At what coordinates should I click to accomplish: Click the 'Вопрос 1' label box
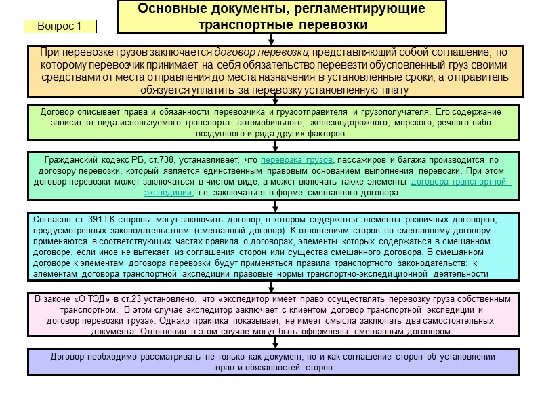[60, 26]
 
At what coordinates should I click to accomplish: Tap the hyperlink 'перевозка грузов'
[297, 160]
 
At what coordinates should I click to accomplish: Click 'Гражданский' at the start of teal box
[70, 160]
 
